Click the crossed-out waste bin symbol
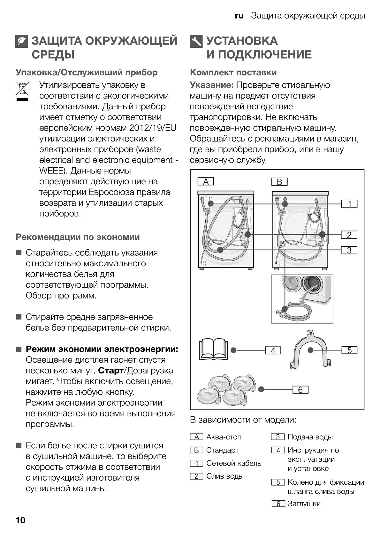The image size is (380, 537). (x=22, y=91)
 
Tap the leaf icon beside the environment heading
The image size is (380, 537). (x=22, y=41)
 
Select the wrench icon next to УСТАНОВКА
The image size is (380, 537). (x=196, y=41)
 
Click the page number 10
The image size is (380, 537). (x=20, y=520)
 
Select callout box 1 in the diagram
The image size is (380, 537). (x=349, y=204)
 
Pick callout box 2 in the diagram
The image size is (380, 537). (x=349, y=235)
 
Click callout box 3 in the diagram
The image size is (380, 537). (x=349, y=250)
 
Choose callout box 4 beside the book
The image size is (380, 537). (x=273, y=350)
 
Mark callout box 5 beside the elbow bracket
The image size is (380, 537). (x=349, y=350)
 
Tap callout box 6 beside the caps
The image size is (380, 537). (x=300, y=390)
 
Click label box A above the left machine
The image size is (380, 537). (x=206, y=182)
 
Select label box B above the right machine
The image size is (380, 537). (x=279, y=182)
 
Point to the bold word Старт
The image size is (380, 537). (x=110, y=371)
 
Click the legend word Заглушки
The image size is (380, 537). (x=304, y=504)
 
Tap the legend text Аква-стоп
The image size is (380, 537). (x=224, y=437)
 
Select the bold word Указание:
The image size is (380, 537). (x=212, y=85)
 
